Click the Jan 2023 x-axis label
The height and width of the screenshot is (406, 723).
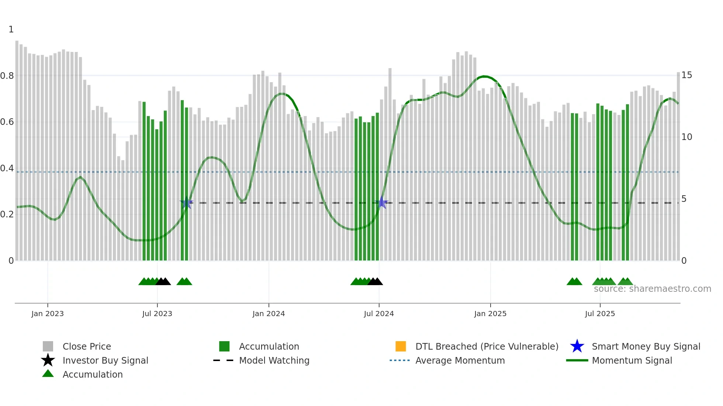tap(47, 314)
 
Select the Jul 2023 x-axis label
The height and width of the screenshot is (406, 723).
tap(157, 314)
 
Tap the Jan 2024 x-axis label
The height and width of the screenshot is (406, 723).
tap(269, 314)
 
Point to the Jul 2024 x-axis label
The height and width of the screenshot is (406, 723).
tap(379, 314)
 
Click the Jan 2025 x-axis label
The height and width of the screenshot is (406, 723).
tap(490, 314)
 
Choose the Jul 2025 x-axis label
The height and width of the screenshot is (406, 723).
tap(600, 314)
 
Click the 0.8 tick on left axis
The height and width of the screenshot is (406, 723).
tap(7, 76)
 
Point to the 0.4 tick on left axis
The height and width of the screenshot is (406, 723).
tap(7, 168)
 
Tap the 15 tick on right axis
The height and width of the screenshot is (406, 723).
tap(686, 75)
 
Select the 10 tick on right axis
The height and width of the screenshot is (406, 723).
tap(686, 137)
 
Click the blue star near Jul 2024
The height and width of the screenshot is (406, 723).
tap(383, 203)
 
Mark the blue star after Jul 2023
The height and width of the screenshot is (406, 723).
tap(187, 203)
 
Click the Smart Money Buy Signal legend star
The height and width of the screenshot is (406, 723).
tap(577, 346)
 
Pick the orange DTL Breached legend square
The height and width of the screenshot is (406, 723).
tap(401, 346)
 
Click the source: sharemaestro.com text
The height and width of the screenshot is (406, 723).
tap(652, 289)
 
